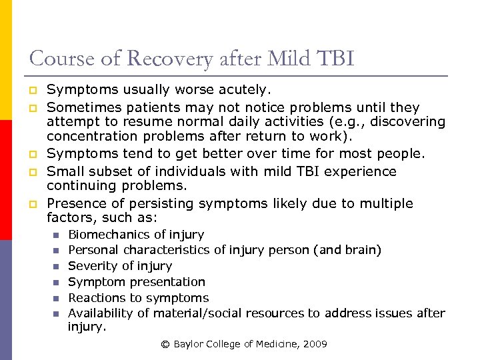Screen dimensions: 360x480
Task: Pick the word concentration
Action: tap(91, 137)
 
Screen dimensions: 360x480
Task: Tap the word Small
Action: tap(64, 171)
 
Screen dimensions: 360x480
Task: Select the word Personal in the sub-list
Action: tap(92, 250)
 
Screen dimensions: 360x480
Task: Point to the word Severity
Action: tap(91, 266)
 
